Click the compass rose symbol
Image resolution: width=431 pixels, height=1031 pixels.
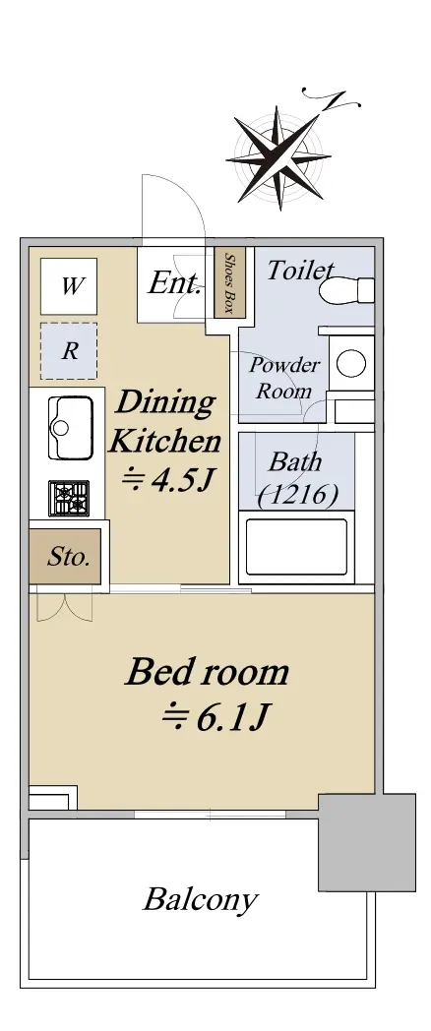point(278,157)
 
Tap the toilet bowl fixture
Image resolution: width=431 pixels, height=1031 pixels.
point(346,290)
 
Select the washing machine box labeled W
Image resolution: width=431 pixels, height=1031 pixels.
point(69,286)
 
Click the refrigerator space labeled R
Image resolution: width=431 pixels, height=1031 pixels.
point(69,351)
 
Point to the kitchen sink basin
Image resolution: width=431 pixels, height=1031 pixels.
point(70,428)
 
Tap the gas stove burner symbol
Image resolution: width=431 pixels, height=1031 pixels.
point(69,498)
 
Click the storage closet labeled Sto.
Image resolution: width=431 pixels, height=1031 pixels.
point(65,556)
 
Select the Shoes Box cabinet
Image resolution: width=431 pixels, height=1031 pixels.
point(230,282)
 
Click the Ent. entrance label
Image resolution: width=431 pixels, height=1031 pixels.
point(174,283)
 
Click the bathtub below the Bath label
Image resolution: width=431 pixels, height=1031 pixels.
point(297,547)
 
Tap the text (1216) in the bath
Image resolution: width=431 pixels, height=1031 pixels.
point(298,495)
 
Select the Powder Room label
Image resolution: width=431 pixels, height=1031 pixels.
point(284,378)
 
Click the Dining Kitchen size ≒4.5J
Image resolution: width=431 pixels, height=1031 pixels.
point(165,481)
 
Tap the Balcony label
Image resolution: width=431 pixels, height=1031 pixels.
point(201,899)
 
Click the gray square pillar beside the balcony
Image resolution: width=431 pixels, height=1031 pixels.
point(367,842)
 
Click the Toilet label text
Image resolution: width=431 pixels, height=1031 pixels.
point(299,270)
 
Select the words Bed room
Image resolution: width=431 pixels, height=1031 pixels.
point(208,672)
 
